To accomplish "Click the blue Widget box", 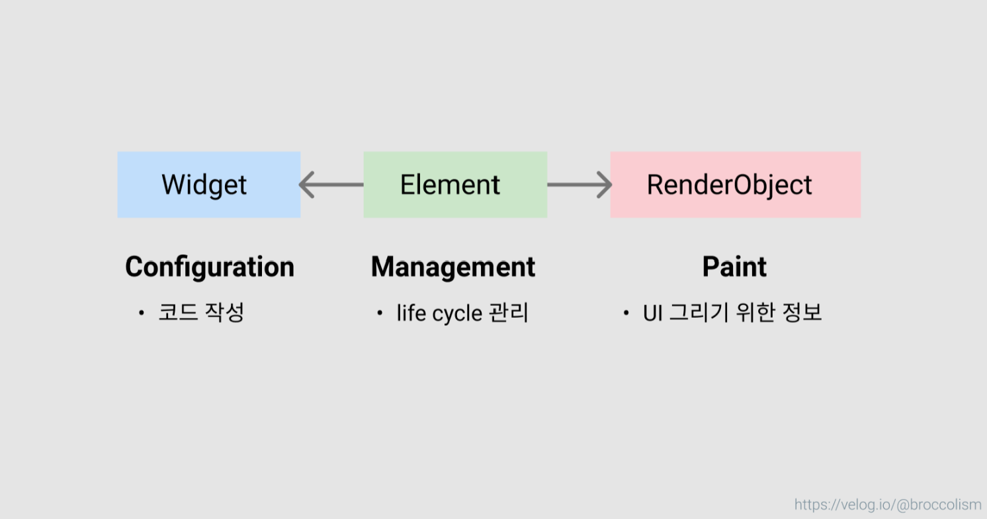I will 208,185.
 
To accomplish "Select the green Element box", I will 455,185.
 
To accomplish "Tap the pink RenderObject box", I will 735,185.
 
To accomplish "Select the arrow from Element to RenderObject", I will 578,185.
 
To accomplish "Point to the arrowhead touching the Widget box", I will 306,185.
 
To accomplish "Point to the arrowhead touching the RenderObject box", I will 605,185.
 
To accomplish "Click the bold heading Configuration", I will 210,267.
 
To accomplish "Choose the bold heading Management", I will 453,267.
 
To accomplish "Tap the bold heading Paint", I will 734,267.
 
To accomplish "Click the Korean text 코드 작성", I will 201,312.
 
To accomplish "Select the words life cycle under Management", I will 439,313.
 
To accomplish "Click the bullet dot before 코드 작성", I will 141,312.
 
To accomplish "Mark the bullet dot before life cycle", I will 380,312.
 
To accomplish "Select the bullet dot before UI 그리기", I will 626,312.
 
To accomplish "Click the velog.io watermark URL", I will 888,505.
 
